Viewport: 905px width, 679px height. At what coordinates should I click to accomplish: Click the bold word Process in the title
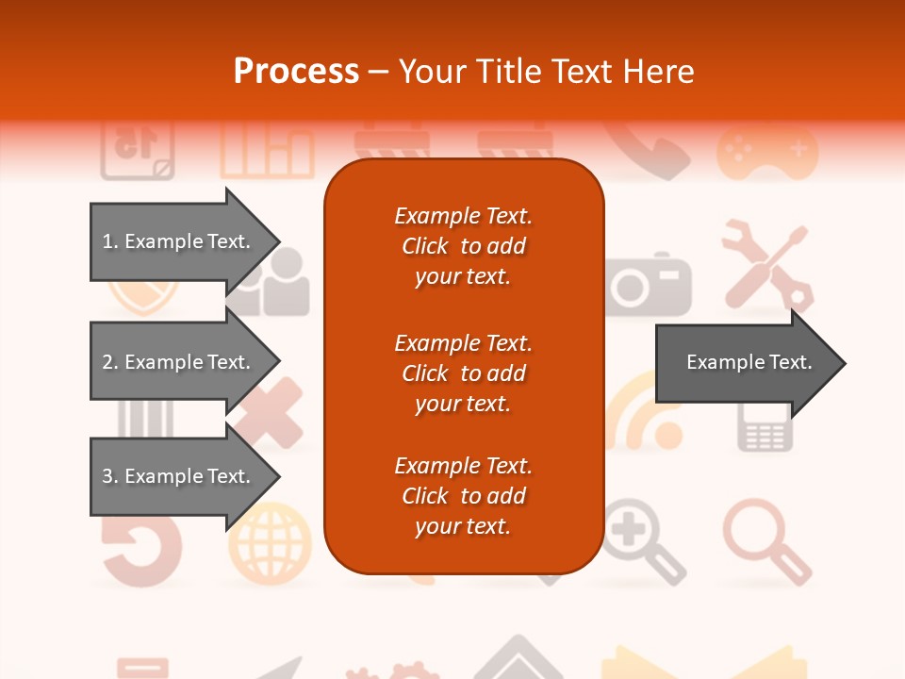point(296,72)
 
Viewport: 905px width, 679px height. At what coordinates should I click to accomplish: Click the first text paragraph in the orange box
point(463,246)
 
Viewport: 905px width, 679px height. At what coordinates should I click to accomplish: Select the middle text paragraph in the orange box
point(463,373)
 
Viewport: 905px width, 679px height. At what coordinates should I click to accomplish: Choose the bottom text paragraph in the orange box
point(463,496)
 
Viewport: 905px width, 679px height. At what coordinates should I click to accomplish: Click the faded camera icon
point(650,284)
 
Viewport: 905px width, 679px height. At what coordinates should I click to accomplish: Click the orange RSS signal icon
point(644,415)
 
